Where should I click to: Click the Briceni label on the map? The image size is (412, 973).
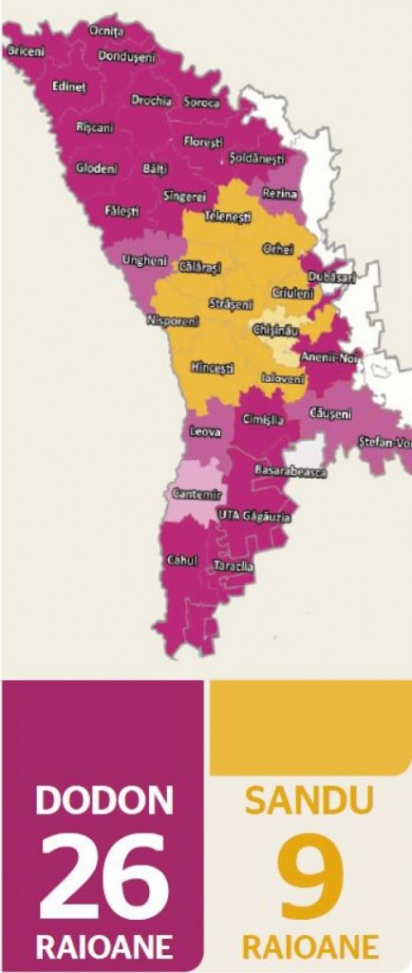pos(27,51)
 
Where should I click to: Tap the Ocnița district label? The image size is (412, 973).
pos(106,31)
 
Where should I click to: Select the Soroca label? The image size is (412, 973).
pos(201,103)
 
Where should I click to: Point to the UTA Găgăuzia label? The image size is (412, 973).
pos(253,515)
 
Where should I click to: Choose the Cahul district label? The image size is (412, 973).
pos(181,559)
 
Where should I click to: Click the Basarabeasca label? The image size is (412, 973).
pos(290,470)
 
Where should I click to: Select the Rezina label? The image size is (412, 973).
pos(280,194)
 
